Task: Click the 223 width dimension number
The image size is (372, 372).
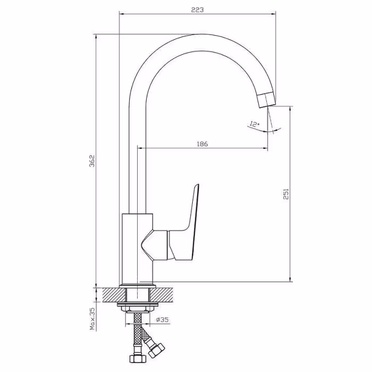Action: [197, 10]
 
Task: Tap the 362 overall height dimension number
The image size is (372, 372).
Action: [92, 161]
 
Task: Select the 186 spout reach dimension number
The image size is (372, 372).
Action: [202, 144]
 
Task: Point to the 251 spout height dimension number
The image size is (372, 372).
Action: [286, 194]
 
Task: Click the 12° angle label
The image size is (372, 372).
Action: [255, 124]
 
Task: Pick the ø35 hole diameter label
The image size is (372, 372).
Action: [162, 320]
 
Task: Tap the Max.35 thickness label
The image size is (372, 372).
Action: [92, 319]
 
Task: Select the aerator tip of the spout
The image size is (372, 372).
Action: [267, 100]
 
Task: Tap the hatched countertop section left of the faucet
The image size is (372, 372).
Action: [114, 295]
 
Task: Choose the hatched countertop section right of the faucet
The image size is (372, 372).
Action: [162, 295]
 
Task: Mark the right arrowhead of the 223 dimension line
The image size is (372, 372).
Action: [274, 14]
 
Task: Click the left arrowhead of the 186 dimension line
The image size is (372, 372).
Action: [140, 148]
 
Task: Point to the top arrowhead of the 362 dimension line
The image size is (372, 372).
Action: [96, 37]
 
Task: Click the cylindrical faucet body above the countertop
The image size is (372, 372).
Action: [137, 249]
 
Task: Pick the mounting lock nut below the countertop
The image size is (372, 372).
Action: [137, 308]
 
